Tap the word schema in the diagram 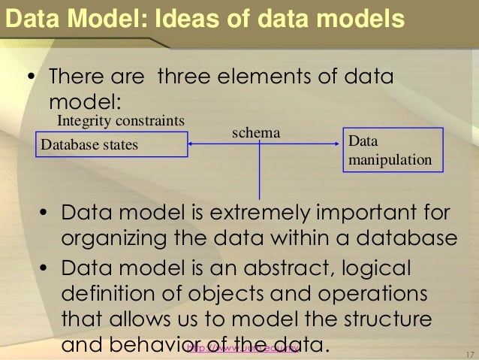255,132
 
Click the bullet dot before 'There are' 31,79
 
